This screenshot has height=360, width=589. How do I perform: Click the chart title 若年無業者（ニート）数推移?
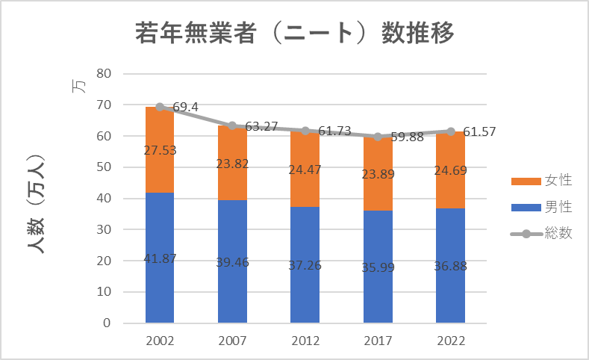click(x=294, y=34)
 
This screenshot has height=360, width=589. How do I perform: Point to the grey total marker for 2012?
click(x=305, y=131)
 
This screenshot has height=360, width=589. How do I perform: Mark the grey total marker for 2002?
click(x=160, y=107)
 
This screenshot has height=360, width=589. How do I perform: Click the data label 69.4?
click(x=185, y=108)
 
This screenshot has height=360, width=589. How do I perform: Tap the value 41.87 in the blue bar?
click(x=160, y=258)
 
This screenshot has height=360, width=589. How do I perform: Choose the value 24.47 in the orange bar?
click(x=305, y=169)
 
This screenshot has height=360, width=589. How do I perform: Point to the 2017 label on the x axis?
click(x=378, y=341)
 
